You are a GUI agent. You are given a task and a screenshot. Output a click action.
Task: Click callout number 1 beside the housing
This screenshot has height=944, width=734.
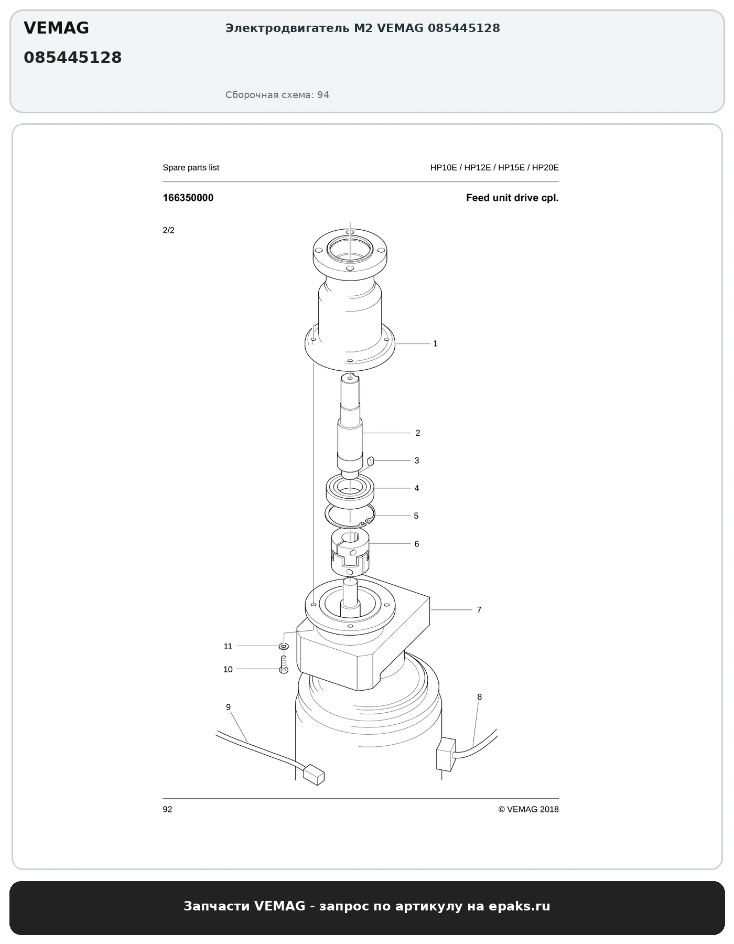click(x=435, y=344)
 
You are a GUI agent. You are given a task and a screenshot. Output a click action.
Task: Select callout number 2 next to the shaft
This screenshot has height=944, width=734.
click(x=418, y=433)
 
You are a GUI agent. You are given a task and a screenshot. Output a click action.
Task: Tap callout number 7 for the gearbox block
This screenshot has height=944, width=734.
click(x=479, y=610)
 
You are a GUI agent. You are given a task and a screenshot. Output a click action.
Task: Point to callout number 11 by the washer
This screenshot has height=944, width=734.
click(x=228, y=647)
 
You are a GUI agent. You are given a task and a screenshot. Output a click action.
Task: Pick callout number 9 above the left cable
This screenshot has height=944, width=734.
click(x=228, y=707)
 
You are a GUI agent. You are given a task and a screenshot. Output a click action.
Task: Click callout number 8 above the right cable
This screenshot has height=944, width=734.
click(x=479, y=698)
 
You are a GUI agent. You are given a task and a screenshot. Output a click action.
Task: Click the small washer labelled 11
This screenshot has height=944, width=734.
click(x=284, y=646)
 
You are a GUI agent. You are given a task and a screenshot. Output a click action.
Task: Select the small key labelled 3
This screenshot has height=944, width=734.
click(x=370, y=462)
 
